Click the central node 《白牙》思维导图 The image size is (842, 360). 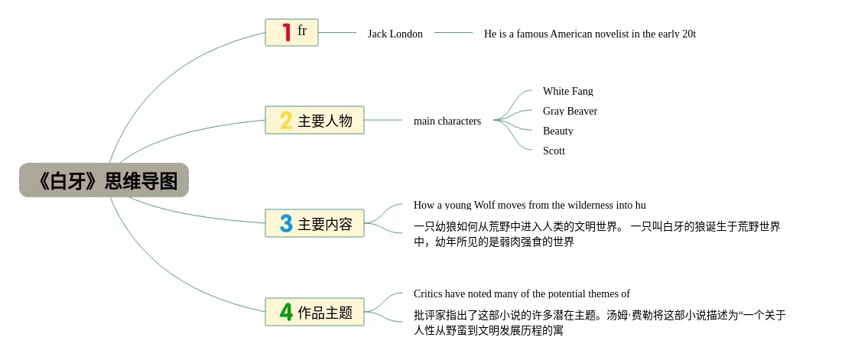[104, 180]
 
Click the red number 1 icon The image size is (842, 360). [286, 32]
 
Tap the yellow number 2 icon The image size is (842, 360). [286, 120]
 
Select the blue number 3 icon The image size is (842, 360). [286, 223]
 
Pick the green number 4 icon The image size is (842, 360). [286, 312]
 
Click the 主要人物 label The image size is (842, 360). [325, 121]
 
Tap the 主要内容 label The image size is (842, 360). [325, 224]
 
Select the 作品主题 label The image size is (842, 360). [325, 313]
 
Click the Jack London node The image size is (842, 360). [395, 34]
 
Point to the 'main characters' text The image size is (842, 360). [447, 121]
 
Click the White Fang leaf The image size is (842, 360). [567, 91]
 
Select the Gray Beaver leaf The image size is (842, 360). [570, 111]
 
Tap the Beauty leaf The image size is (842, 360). [558, 131]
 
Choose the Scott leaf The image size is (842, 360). [554, 151]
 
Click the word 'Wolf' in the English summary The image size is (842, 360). [485, 205]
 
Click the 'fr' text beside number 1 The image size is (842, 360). [302, 31]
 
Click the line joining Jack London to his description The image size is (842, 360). [454, 33]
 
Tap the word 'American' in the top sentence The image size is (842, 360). [571, 34]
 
